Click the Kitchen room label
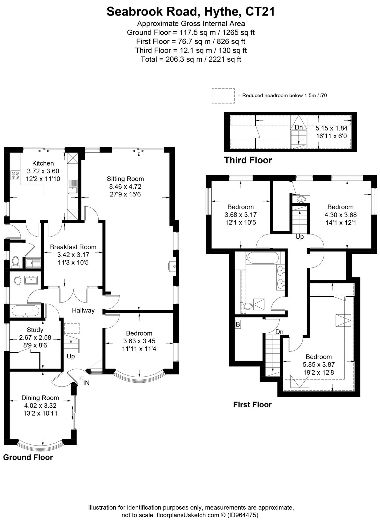point(43,163)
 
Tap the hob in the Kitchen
point(15,175)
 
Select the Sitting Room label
point(125,179)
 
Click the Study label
point(35,330)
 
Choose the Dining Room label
point(40,398)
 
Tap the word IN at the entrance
point(86,383)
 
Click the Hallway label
point(83,310)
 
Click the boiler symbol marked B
point(238,324)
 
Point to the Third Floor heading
point(248,160)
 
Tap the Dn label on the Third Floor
point(299,128)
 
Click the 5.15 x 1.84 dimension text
point(331,128)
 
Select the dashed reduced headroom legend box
point(223,96)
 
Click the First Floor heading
point(252,405)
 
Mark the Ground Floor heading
point(28,457)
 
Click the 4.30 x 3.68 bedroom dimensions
point(341,215)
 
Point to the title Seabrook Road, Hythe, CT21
point(191,12)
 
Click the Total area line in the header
point(191,59)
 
